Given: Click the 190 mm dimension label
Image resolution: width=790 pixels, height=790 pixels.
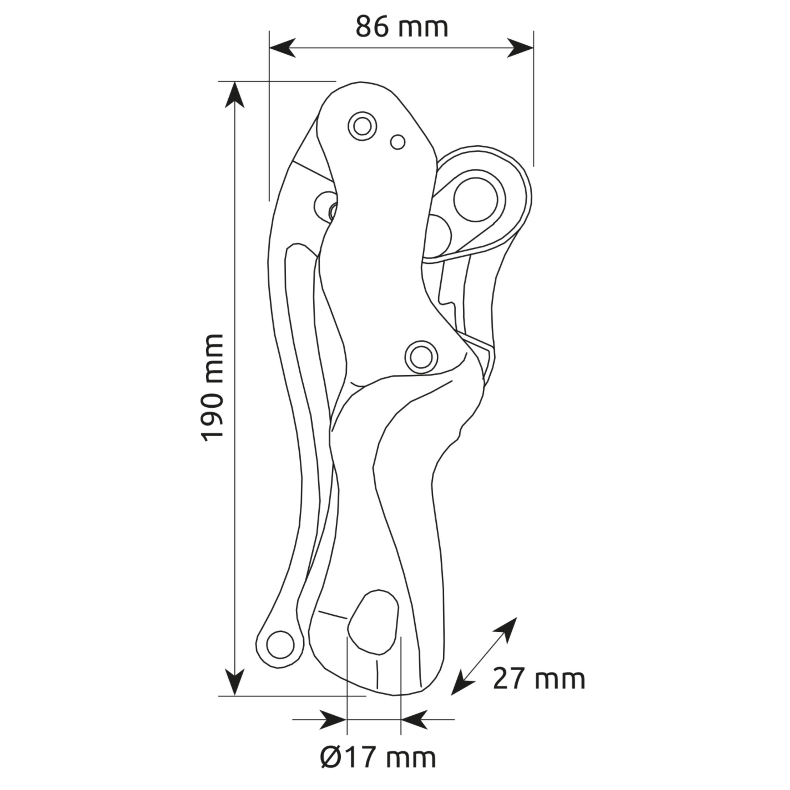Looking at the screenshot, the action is tap(213, 388).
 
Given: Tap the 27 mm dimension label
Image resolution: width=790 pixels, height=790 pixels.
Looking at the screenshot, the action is tap(539, 679).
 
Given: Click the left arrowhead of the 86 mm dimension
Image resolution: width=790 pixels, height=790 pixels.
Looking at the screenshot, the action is tap(282, 48).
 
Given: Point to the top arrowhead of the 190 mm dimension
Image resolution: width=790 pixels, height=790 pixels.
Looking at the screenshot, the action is tap(235, 94).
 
